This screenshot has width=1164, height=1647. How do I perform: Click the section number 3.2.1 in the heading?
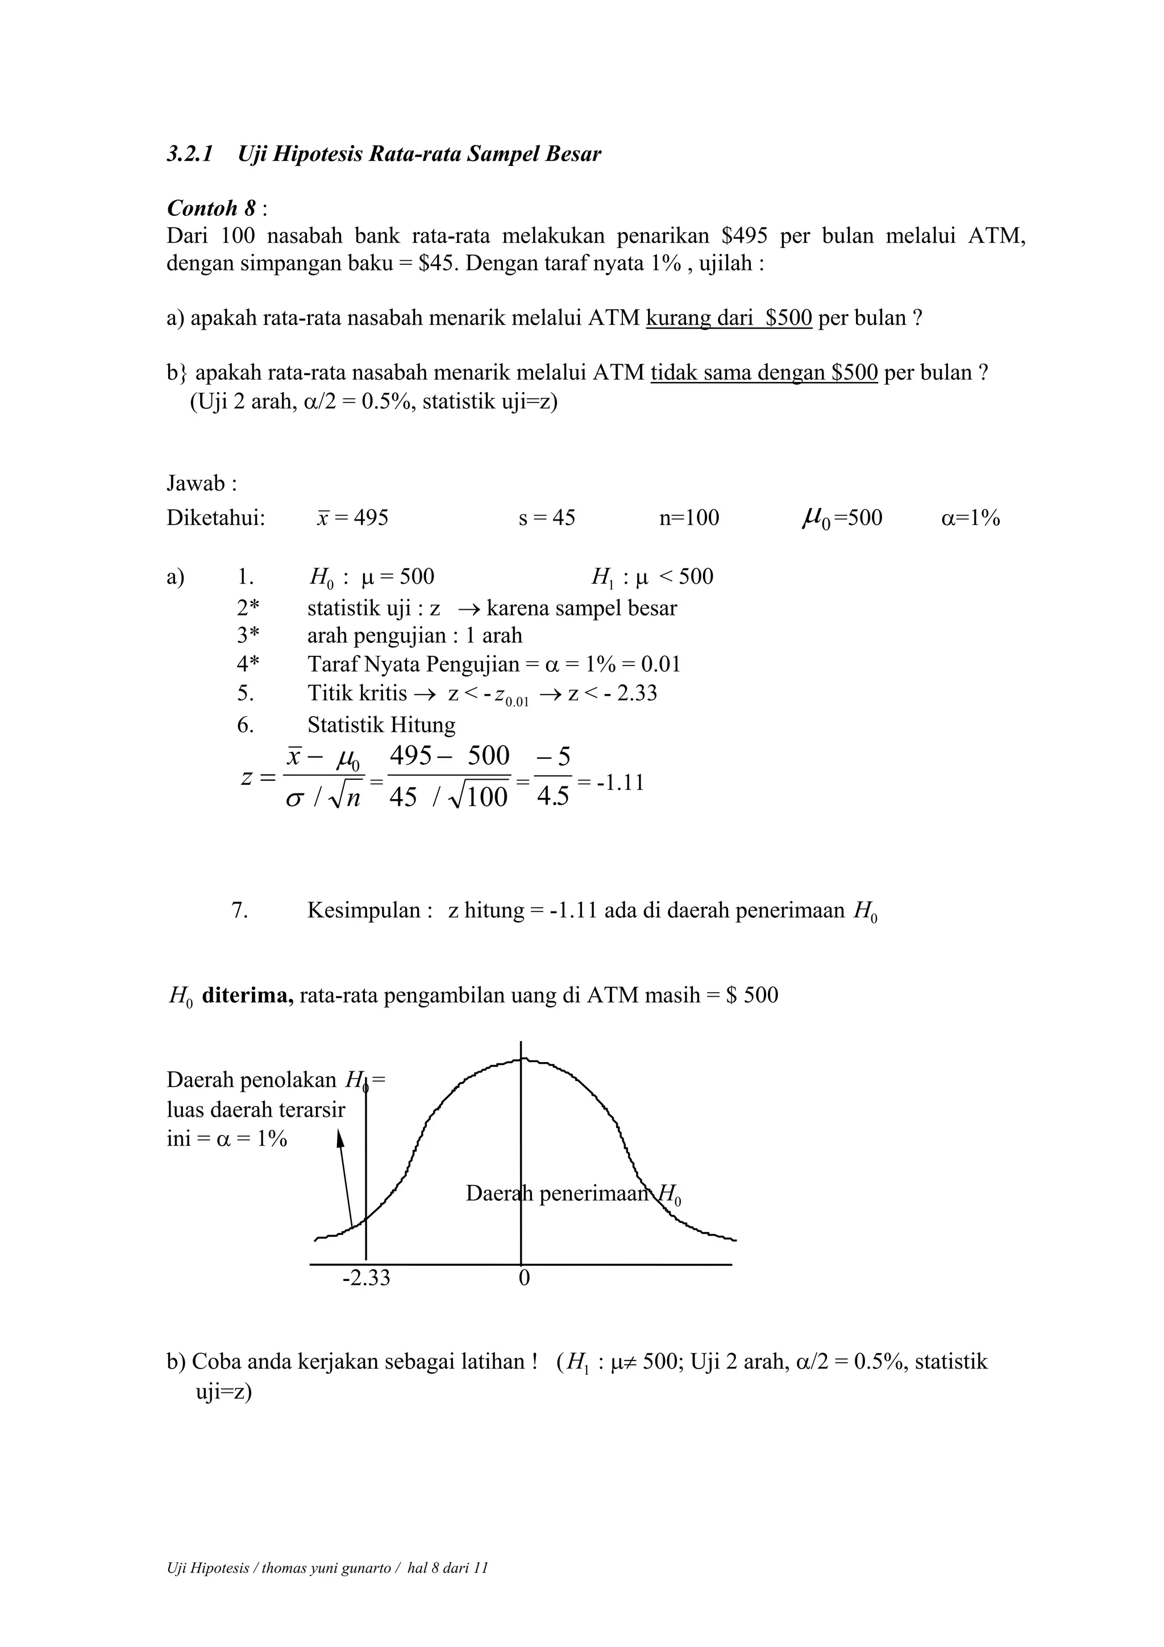point(189,154)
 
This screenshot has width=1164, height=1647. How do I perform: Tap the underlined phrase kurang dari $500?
point(729,318)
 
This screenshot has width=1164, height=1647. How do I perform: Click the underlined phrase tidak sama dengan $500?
point(764,373)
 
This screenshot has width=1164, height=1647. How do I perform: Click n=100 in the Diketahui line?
point(688,518)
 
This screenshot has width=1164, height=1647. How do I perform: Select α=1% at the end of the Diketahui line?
point(970,518)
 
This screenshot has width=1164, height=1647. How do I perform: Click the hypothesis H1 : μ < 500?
point(652,577)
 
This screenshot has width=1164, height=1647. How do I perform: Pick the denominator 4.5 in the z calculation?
point(552,797)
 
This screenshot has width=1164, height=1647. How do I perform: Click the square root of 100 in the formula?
point(479,797)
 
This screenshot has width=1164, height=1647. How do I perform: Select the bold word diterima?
point(247,996)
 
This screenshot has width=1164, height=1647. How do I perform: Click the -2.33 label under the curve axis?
point(366,1278)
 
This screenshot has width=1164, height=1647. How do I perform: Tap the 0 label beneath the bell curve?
point(523,1278)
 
